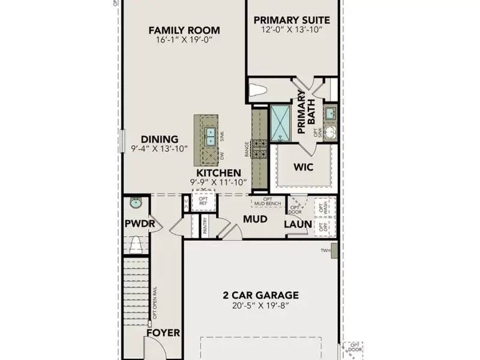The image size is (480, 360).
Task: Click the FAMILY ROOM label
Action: click(184, 31)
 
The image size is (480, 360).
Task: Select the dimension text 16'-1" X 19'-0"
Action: click(184, 41)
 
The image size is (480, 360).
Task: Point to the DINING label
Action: click(160, 139)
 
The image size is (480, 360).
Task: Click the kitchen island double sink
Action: click(211, 137)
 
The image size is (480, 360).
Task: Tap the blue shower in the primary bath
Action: click(279, 122)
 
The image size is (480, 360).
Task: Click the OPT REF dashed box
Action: click(203, 200)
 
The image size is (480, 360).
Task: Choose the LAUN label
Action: click(298, 224)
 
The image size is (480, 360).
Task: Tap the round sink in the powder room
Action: click(136, 203)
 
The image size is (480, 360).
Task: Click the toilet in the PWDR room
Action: click(136, 244)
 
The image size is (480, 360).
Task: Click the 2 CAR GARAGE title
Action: click(260, 295)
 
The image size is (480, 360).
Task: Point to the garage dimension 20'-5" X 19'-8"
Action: click(260, 305)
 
